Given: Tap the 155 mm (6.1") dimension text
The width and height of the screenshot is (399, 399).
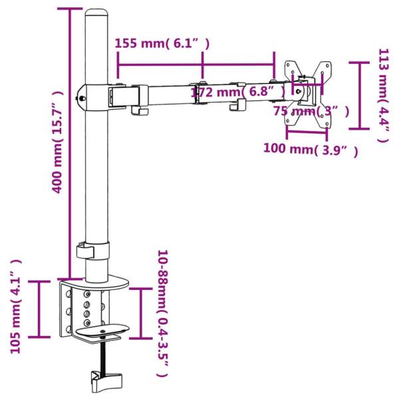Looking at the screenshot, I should point(162,44).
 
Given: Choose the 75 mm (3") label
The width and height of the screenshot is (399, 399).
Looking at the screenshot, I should point(311,110).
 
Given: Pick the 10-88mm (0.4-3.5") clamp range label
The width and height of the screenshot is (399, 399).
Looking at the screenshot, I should point(162,314).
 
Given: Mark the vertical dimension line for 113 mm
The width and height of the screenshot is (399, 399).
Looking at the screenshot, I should point(359,94).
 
